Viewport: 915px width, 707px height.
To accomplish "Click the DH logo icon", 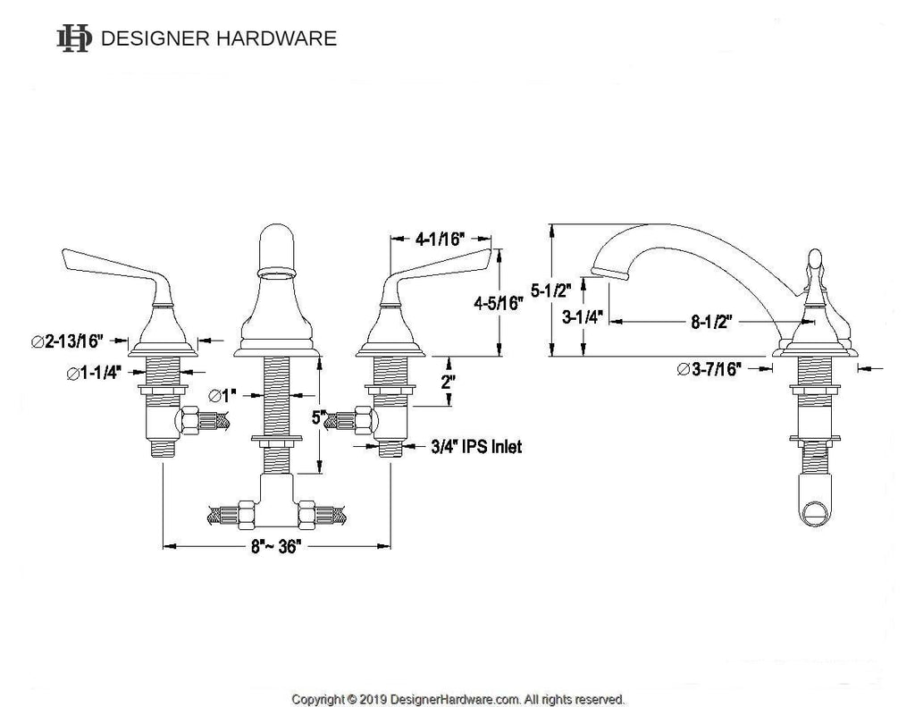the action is (x=74, y=38).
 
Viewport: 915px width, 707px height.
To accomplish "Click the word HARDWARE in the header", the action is (x=277, y=38).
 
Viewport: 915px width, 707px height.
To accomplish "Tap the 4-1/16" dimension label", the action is (x=440, y=239).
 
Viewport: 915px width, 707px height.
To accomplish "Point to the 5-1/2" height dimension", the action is (x=550, y=290).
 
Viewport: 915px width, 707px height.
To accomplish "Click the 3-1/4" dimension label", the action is (x=582, y=317).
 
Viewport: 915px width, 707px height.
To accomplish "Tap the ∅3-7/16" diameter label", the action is (x=709, y=369).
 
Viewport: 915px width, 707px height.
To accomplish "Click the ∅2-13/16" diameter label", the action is (x=67, y=341).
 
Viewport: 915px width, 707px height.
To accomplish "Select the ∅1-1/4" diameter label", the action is (x=94, y=373).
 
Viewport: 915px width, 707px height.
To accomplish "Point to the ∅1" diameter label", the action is (x=222, y=396).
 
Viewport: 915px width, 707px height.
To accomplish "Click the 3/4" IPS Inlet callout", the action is (x=476, y=447).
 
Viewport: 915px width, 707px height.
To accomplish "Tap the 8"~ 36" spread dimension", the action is (x=276, y=546).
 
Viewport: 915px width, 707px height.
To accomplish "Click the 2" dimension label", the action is (x=448, y=383).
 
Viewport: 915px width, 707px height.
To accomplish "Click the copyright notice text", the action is (x=458, y=699).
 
